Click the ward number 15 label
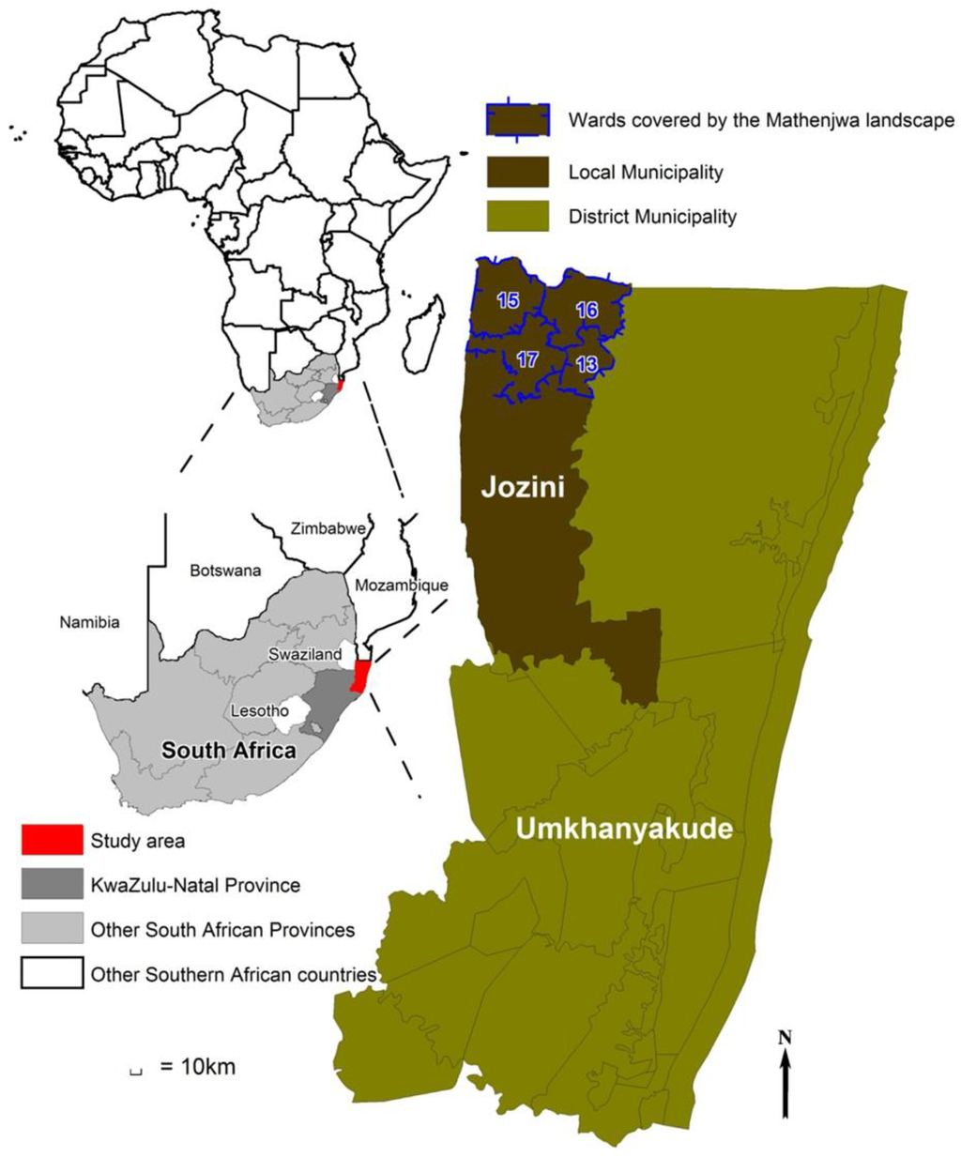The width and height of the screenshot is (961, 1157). tap(508, 301)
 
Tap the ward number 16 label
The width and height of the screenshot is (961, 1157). tap(587, 311)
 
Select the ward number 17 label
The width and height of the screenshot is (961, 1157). tap(526, 359)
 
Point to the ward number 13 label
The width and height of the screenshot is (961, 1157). tap(587, 365)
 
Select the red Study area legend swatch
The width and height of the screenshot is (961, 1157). tap(52, 840)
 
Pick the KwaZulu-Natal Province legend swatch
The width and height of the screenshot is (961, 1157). tap(52, 885)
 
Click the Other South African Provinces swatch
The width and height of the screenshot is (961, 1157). tap(52, 930)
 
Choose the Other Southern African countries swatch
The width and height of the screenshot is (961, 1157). tap(52, 974)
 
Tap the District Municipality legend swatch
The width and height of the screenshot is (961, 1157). tap(517, 217)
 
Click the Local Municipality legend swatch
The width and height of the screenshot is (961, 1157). tap(517, 173)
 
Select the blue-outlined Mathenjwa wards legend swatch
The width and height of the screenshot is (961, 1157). tap(517, 120)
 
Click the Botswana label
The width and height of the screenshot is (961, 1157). tap(225, 571)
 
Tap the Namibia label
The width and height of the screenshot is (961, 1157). tap(89, 621)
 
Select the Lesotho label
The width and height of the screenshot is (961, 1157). tap(260, 710)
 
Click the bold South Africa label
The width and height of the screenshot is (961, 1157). tap(229, 751)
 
